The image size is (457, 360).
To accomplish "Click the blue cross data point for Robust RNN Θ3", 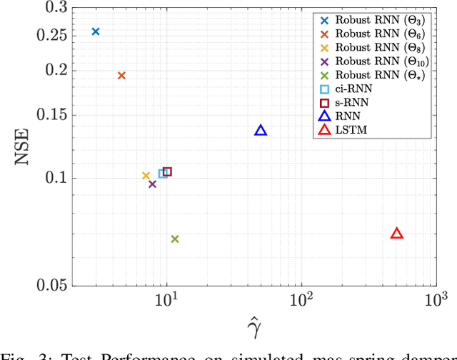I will (96, 31).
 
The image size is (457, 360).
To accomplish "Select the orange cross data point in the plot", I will (121, 76).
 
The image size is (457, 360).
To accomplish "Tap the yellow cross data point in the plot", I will (146, 176).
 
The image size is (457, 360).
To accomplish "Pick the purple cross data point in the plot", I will (152, 184).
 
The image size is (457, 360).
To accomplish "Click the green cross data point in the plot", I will (175, 239).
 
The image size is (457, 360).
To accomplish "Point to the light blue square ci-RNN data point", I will (163, 173).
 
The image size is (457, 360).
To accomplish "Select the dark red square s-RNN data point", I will (168, 171).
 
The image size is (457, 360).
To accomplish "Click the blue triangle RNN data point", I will (261, 130).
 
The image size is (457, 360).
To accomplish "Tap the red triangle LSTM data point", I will (397, 234).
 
